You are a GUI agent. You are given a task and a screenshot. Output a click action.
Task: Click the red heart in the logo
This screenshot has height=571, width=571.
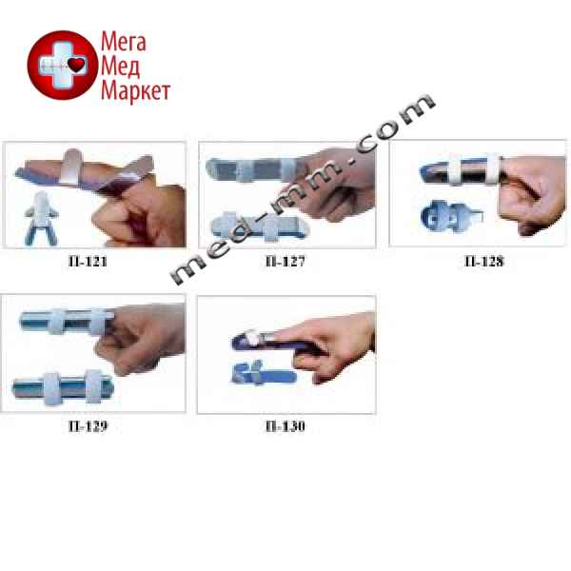[76, 65]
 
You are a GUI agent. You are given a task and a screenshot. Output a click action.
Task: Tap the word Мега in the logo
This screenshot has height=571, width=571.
[124, 41]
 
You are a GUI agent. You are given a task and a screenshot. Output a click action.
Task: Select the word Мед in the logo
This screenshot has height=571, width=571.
[120, 67]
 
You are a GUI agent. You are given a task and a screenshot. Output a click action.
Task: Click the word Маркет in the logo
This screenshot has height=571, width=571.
[135, 91]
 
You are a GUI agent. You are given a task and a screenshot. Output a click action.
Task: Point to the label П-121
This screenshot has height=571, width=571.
[88, 261]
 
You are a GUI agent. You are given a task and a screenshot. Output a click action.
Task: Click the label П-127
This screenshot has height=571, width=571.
[285, 261]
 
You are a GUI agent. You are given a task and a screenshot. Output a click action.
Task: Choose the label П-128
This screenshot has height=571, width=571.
[484, 261]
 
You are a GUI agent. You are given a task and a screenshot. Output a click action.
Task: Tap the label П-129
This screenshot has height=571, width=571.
[88, 425]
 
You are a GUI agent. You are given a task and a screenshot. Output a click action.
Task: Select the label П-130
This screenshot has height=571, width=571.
[285, 425]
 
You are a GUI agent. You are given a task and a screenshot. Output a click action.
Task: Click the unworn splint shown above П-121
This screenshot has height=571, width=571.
[41, 216]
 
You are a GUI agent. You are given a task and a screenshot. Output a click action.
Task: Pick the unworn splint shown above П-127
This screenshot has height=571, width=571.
[260, 226]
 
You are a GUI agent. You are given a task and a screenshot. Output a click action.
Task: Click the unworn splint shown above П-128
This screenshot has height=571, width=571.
[451, 216]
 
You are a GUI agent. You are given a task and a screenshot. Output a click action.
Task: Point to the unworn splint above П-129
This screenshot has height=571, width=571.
[63, 388]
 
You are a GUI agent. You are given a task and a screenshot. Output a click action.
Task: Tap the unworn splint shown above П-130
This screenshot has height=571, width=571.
[264, 373]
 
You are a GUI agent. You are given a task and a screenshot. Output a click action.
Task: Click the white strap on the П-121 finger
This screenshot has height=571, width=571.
[71, 166]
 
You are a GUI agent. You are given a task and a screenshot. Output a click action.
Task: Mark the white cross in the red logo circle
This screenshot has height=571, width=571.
[63, 65]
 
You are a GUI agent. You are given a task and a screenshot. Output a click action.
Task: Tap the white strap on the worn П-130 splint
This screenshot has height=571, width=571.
[253, 338]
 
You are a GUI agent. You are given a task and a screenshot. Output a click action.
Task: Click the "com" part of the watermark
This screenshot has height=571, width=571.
[395, 123]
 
